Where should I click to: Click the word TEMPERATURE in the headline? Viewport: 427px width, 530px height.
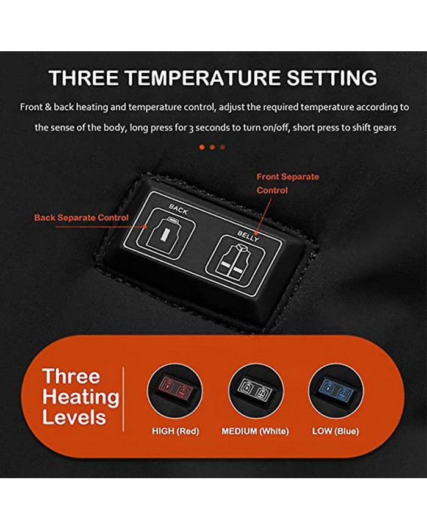point(204,77)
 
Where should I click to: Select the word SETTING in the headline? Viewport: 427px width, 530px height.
point(332,77)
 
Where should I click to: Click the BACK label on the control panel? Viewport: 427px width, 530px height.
point(178,210)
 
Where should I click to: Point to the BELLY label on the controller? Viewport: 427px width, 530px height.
point(248,236)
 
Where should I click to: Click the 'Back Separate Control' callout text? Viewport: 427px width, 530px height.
point(81,217)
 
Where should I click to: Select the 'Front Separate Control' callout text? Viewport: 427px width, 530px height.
point(288,183)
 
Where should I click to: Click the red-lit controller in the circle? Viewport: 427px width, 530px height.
point(175,391)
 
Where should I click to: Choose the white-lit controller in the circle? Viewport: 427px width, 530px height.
point(256,391)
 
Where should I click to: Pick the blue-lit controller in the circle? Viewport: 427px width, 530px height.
point(336,391)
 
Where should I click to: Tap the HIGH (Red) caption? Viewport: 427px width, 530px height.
point(176,431)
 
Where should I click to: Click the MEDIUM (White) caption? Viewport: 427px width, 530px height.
point(255,431)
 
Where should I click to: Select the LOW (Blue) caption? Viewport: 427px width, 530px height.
point(335,431)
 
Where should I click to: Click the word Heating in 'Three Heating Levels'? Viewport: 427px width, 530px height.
point(81,397)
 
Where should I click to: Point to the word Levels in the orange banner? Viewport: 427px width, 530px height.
point(74,417)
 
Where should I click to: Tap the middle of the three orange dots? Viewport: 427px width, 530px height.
point(212,147)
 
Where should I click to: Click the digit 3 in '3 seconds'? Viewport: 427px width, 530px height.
point(191,129)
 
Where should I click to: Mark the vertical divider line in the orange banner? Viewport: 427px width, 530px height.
point(123,399)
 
